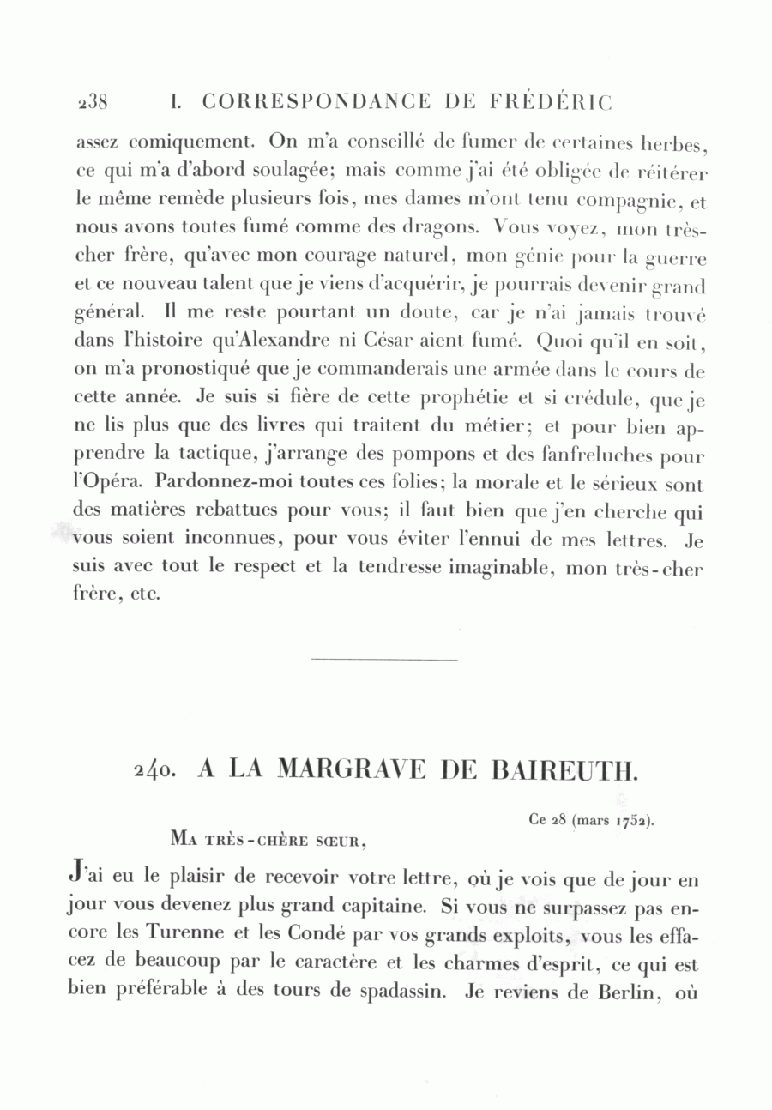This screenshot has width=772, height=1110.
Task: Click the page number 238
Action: click(92, 102)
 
